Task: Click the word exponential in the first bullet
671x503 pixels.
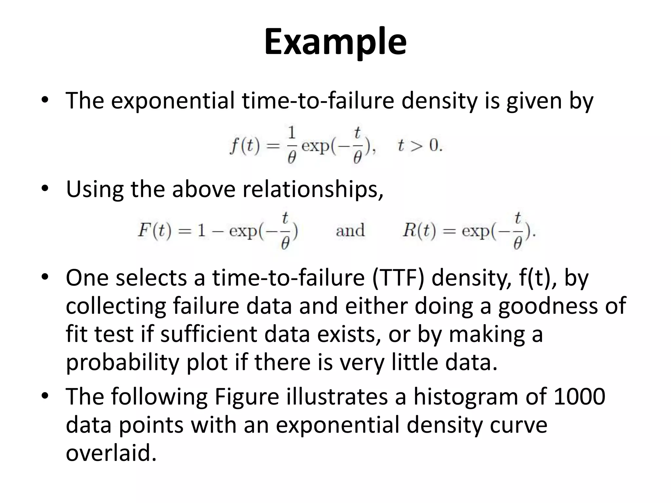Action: [x=173, y=101]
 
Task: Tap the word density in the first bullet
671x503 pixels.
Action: [x=439, y=101]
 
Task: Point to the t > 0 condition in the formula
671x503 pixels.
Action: [x=420, y=146]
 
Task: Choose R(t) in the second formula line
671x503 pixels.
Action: [x=419, y=231]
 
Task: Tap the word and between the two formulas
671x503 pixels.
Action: [x=350, y=231]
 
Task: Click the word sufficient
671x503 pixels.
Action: [x=209, y=334]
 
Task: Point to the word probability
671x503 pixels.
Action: [x=123, y=363]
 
